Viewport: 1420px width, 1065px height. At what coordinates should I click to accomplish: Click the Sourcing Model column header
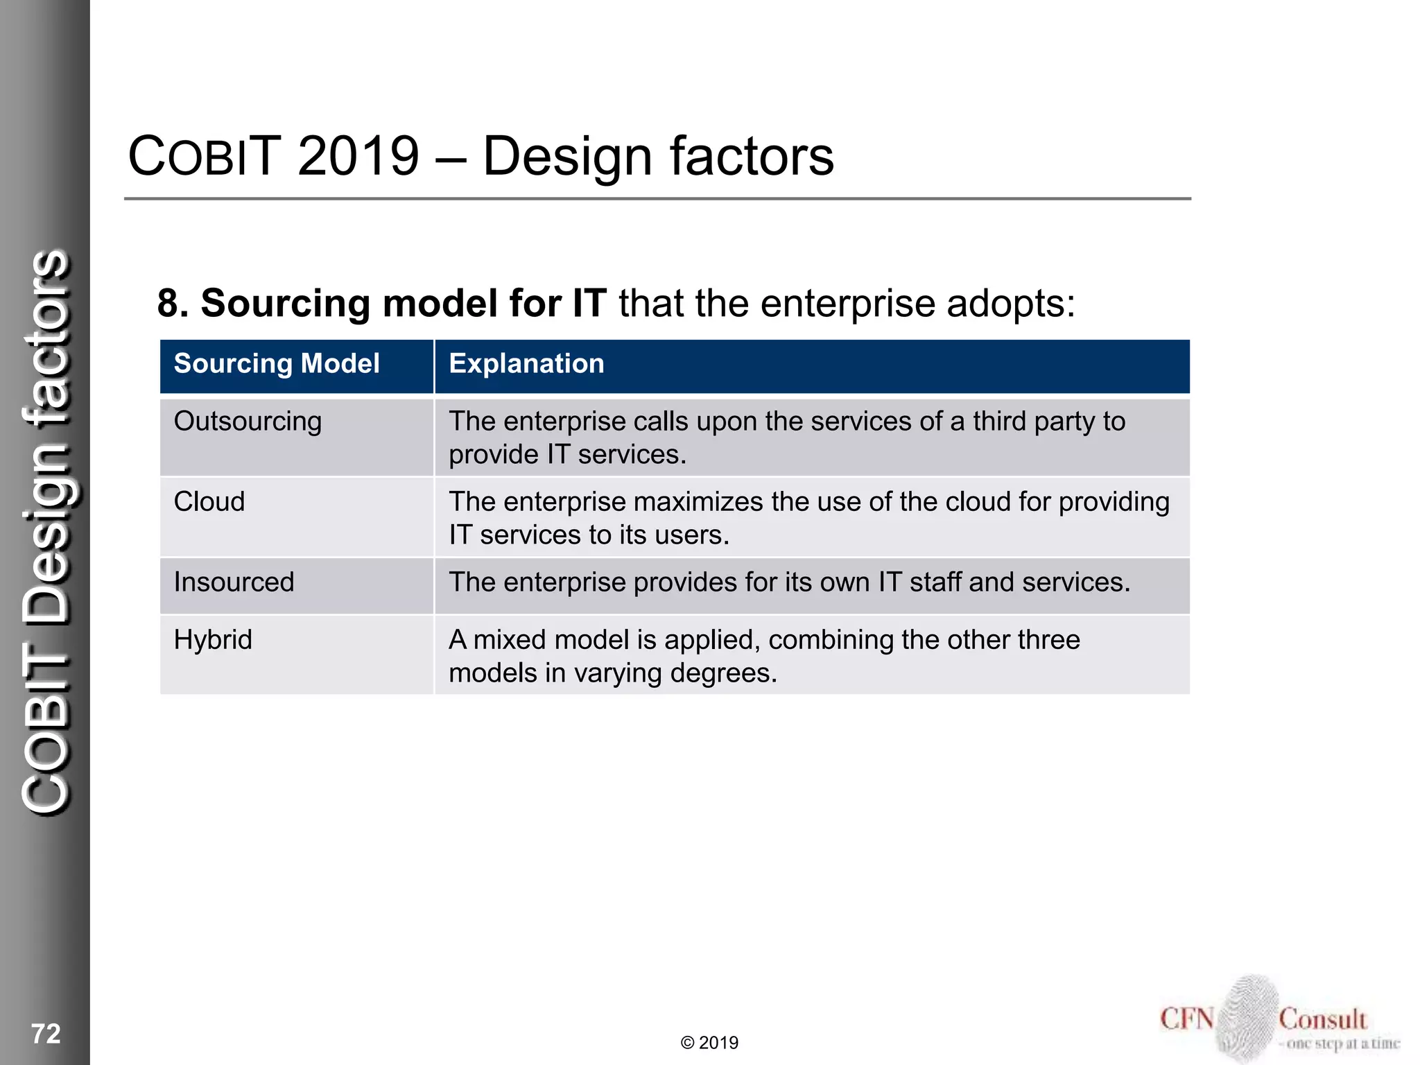(x=276, y=364)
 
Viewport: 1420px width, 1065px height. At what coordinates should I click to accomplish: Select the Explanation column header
(x=526, y=364)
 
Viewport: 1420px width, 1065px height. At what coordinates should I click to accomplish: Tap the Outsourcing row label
(x=248, y=422)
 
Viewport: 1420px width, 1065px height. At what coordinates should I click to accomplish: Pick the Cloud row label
(x=209, y=502)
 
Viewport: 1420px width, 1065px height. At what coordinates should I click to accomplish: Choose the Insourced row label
(x=234, y=582)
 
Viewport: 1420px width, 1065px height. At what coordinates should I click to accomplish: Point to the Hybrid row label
(x=213, y=640)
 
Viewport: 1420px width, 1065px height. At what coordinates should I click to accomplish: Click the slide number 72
(x=46, y=1034)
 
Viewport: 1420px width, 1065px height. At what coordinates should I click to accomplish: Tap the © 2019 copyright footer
(x=709, y=1043)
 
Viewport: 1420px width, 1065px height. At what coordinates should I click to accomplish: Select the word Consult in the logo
(x=1322, y=1019)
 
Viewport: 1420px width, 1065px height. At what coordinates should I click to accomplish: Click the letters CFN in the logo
(x=1187, y=1019)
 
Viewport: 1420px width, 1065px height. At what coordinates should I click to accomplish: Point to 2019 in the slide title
(x=358, y=156)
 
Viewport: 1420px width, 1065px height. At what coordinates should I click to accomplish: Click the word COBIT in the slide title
(x=205, y=156)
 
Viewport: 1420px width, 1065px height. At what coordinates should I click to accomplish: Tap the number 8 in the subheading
(x=168, y=304)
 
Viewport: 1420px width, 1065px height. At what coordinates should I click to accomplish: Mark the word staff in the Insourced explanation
(x=935, y=582)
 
